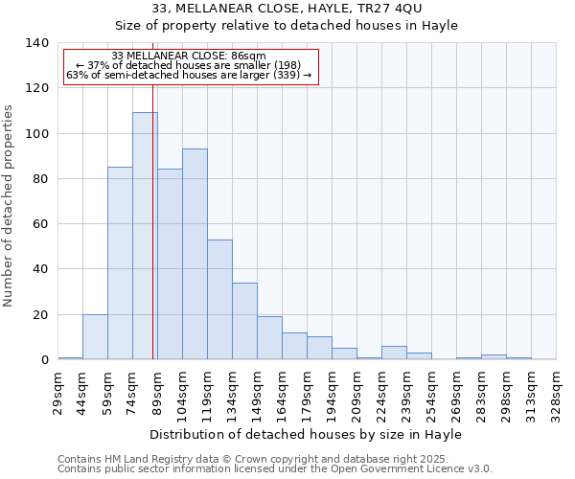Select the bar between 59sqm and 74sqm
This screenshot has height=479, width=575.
click(120, 263)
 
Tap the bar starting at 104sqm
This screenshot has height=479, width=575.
click(195, 254)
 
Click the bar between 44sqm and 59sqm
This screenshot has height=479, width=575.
click(95, 337)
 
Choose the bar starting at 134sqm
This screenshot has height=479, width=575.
click(244, 321)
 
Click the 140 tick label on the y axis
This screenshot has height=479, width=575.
click(36, 43)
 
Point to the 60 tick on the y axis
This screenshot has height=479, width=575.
click(39, 224)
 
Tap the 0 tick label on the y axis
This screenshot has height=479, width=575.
click(43, 360)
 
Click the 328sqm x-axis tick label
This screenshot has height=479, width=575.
click(557, 393)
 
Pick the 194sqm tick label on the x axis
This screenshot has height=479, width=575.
click(333, 393)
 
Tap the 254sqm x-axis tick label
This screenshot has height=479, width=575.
click(432, 393)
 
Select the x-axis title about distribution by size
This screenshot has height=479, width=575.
click(307, 434)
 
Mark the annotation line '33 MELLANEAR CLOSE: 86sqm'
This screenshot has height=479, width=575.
click(189, 57)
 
